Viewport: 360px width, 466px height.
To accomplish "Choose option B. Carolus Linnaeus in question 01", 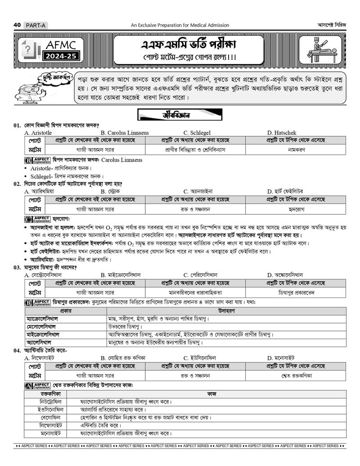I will (x=125, y=133).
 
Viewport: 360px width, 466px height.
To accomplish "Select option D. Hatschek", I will (x=281, y=133).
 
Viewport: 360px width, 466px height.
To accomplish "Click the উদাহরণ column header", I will (x=225, y=311).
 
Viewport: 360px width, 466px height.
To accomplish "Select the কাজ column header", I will (x=211, y=394).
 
